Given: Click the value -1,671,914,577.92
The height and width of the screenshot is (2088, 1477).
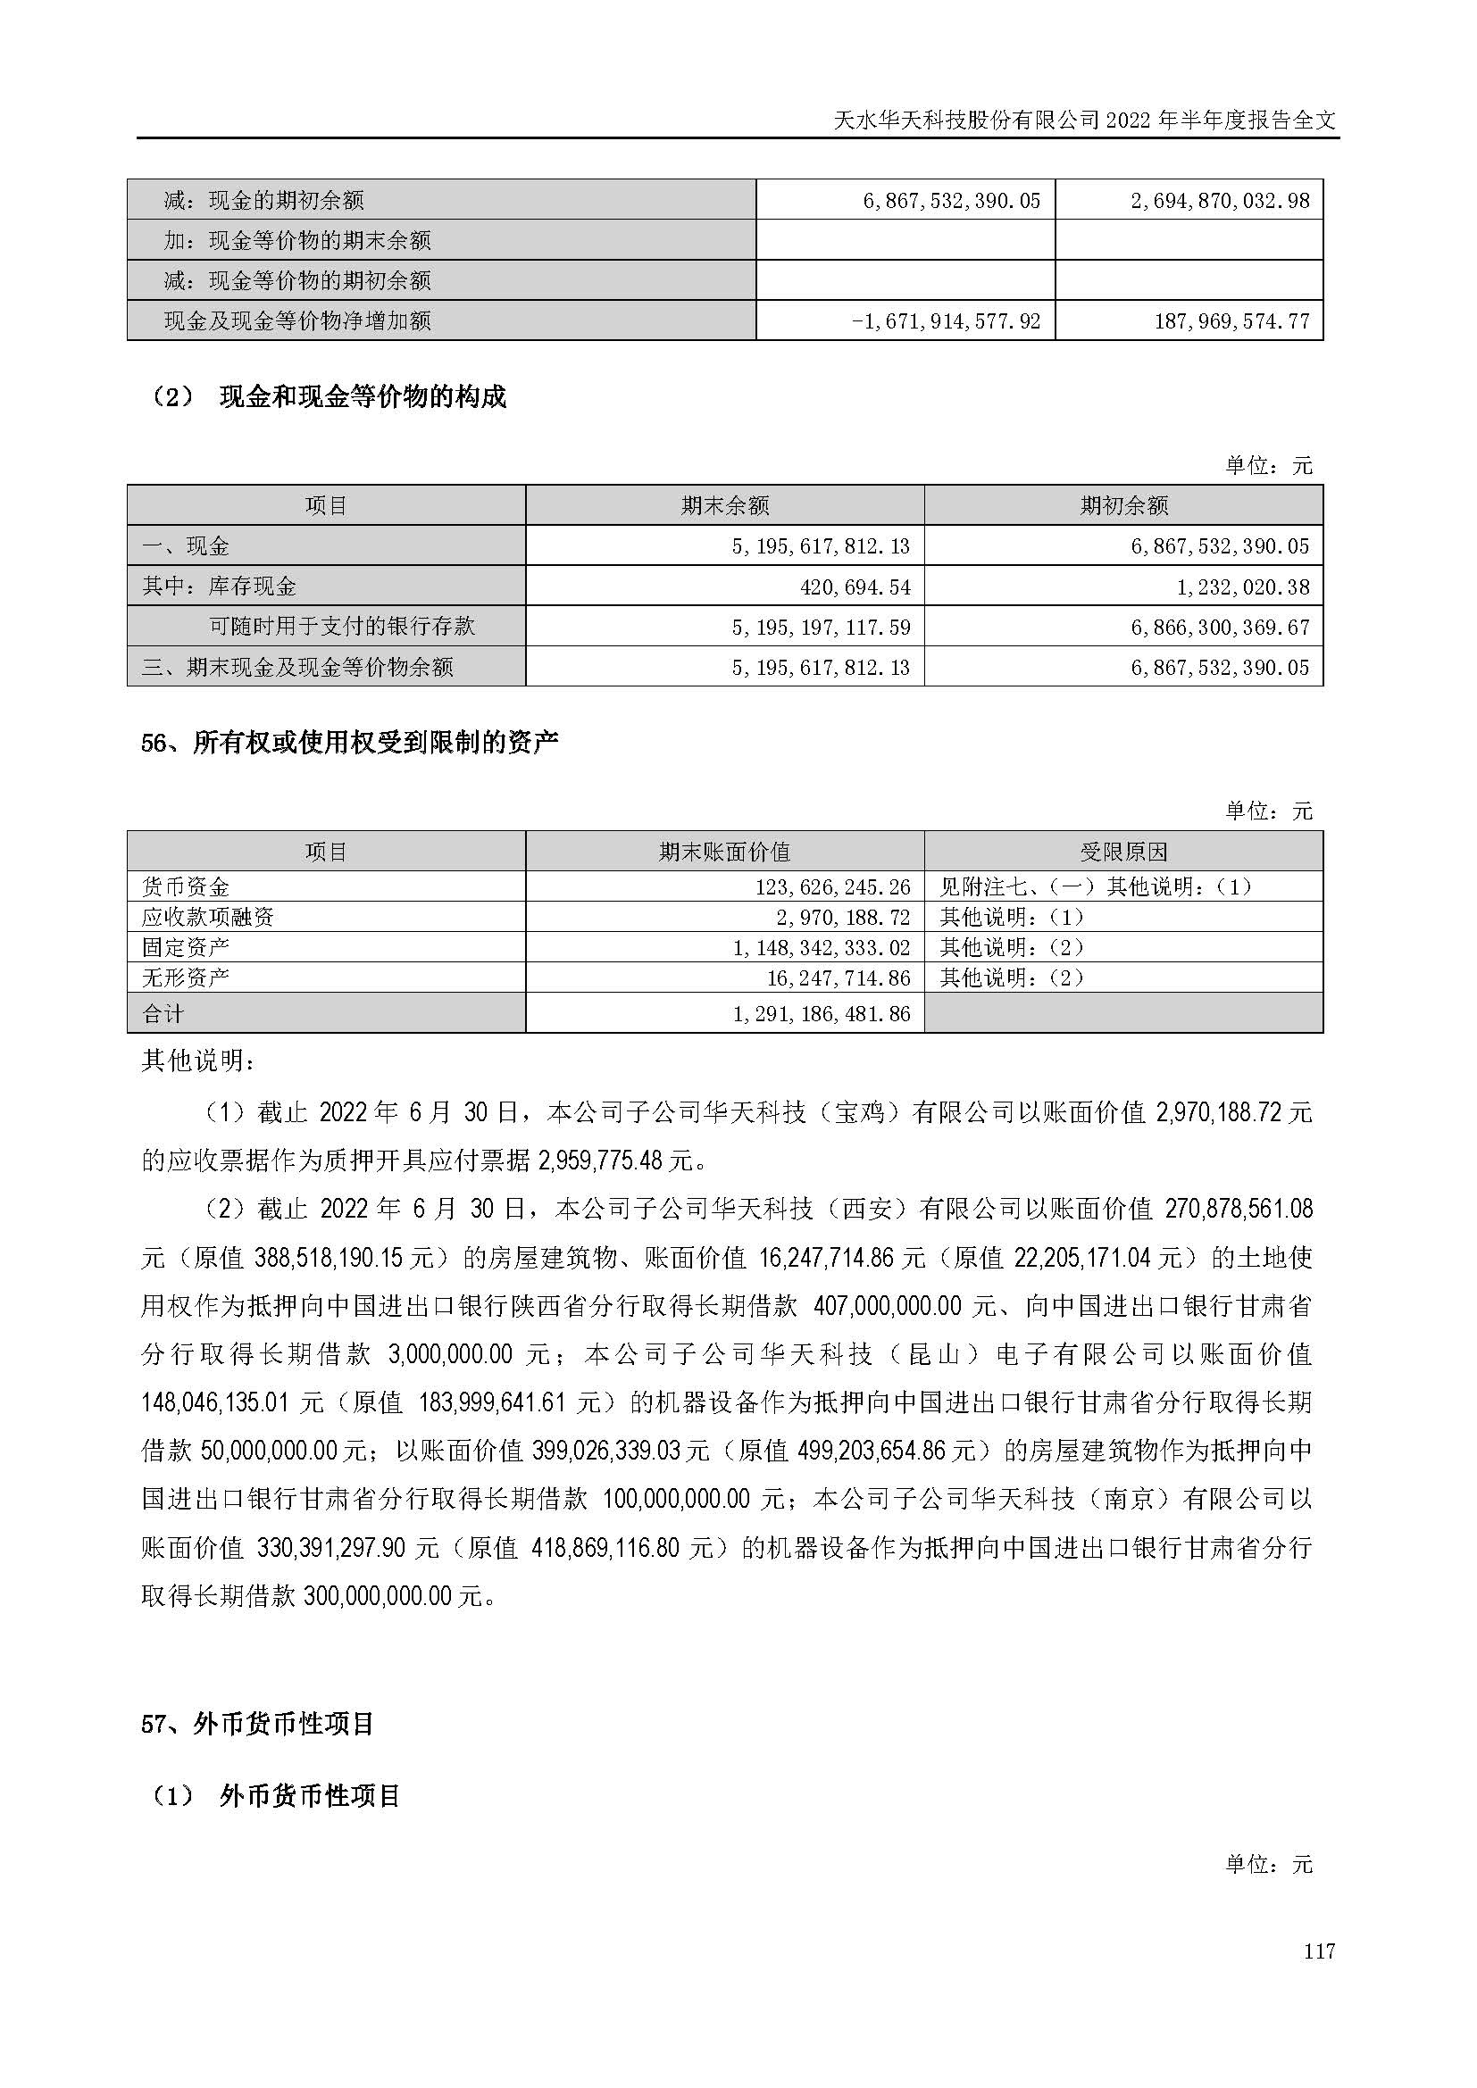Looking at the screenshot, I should (946, 321).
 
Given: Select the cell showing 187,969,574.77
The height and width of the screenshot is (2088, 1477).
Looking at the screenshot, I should (1231, 321).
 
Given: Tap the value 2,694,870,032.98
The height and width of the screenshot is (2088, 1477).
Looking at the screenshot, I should (1221, 201).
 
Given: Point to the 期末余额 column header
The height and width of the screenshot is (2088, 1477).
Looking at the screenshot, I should (725, 505).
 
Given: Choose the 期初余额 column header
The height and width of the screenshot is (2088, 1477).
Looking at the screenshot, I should (1123, 505).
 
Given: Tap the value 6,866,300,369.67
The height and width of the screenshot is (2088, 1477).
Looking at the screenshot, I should (1221, 627).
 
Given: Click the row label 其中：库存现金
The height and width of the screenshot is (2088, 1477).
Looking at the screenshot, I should (219, 586).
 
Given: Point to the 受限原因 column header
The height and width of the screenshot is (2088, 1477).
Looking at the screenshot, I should (1123, 853).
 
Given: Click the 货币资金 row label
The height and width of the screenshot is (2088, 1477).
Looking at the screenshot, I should (186, 886).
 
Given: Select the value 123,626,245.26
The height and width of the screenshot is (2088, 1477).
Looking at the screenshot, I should (833, 886).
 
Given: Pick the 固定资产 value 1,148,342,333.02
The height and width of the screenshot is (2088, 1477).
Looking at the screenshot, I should (822, 948).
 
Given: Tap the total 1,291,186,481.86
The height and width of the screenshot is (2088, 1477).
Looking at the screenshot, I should (822, 1014).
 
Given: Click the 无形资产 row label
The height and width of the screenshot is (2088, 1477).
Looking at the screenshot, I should (186, 977).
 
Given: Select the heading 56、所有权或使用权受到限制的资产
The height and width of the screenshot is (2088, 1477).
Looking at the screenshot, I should (349, 743).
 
